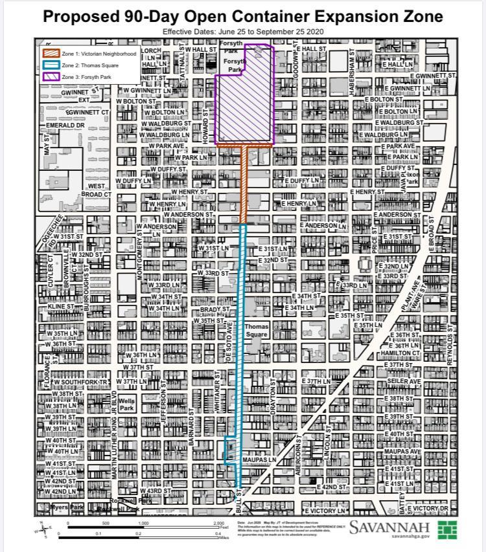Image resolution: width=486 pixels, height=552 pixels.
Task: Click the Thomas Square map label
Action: click(256, 331)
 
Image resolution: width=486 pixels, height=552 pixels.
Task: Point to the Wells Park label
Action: click(126, 405)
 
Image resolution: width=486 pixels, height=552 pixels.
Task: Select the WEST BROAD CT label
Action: click(96, 190)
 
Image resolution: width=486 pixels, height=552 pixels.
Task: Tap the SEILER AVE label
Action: click(404, 381)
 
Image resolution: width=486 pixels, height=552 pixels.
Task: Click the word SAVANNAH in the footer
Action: click(389, 527)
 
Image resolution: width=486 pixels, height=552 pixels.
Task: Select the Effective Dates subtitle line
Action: click(243, 32)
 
